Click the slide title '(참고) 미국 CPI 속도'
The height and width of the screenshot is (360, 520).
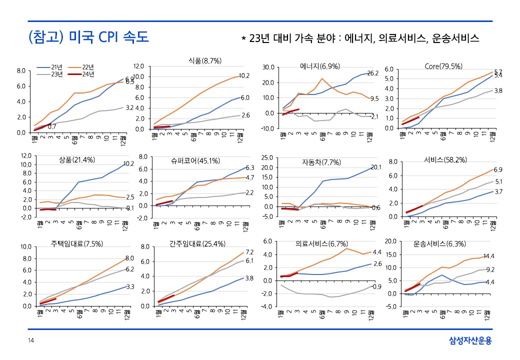[88, 37]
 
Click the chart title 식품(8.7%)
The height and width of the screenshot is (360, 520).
[205, 60]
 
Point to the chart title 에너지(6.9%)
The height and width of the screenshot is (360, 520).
[320, 66]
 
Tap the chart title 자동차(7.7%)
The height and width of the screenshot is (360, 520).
[321, 162]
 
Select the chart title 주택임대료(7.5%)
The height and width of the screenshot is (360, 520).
[77, 244]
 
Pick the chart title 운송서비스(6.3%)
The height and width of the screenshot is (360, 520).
[439, 244]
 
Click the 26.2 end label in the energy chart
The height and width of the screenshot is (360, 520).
[372, 73]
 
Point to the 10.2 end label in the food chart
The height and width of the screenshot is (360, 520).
[244, 76]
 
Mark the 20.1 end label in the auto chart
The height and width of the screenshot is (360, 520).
[376, 167]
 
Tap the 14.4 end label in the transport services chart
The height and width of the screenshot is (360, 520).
[488, 256]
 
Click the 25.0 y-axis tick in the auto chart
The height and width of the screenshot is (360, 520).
[267, 157]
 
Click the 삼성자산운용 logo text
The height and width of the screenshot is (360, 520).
[470, 341]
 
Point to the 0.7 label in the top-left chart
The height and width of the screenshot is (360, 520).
[51, 126]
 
